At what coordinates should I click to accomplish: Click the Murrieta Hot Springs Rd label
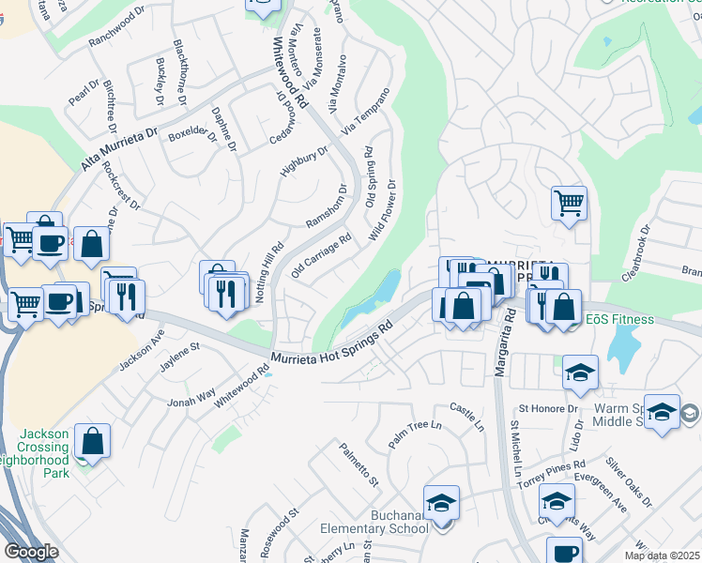coord(330,345)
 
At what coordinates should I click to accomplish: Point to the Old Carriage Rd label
coord(322,256)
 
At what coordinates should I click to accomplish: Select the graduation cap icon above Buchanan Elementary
coord(441,503)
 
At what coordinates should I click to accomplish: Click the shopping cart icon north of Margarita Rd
coord(569,203)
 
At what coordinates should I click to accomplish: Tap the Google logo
coord(31,552)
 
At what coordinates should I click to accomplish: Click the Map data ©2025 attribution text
coord(662,555)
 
